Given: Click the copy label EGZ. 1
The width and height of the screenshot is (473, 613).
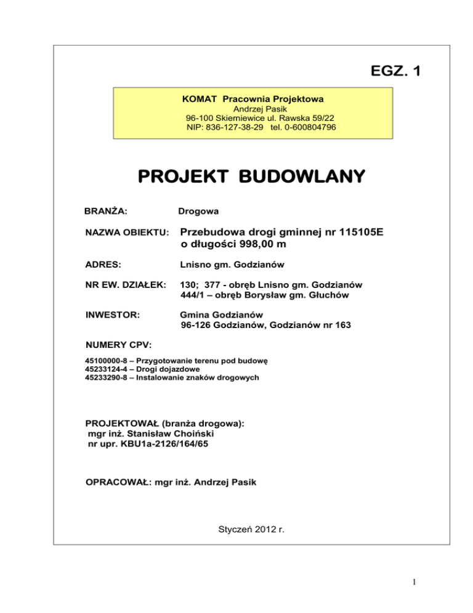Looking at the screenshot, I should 391,72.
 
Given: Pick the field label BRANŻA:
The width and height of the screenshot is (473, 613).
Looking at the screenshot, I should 105,212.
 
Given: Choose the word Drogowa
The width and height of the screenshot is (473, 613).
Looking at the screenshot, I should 198,212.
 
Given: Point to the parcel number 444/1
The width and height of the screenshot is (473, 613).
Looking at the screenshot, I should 192,295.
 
